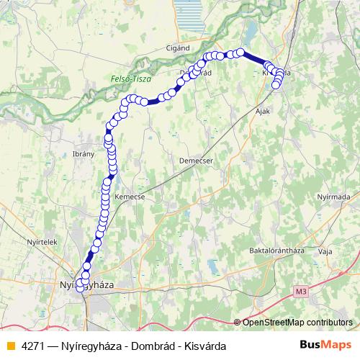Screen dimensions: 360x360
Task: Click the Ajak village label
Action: [263, 112]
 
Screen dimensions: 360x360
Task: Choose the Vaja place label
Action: [325, 251]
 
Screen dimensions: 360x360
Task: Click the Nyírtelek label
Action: [41, 242]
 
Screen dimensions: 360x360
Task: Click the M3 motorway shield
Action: [301, 290]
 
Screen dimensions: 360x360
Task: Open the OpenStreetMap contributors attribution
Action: [297, 322]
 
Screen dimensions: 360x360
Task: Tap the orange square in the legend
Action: [10, 346]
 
